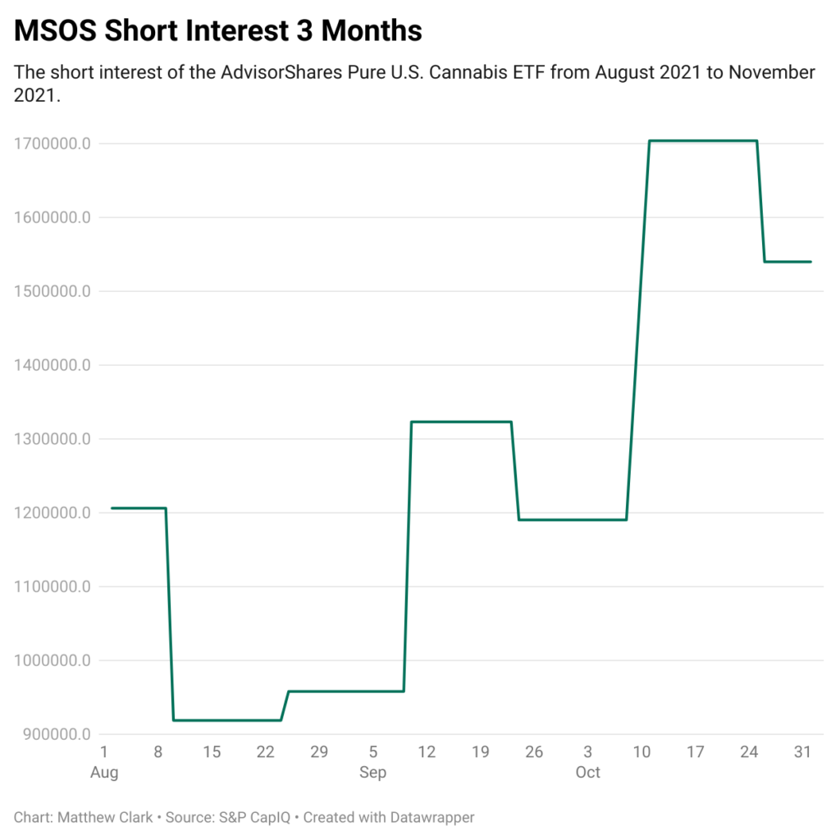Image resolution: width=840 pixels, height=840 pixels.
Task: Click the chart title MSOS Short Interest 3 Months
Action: (218, 31)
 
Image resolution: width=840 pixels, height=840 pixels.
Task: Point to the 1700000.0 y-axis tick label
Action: (52, 144)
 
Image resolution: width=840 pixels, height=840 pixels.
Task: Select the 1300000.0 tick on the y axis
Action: (52, 440)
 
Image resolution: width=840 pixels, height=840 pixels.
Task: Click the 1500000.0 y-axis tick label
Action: (52, 292)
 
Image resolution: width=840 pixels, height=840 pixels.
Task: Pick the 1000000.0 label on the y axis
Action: (52, 661)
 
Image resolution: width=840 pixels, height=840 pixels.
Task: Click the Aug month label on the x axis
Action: (104, 773)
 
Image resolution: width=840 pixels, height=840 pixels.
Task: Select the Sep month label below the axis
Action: (373, 773)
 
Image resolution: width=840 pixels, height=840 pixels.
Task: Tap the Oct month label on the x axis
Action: (587, 773)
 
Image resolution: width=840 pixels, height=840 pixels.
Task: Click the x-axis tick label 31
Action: (803, 751)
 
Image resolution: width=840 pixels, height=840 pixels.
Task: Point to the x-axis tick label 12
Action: (427, 751)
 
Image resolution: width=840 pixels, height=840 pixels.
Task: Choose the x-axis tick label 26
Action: (534, 751)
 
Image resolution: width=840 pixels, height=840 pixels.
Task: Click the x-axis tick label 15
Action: (212, 751)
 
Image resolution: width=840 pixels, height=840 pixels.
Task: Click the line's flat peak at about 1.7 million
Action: (702, 141)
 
